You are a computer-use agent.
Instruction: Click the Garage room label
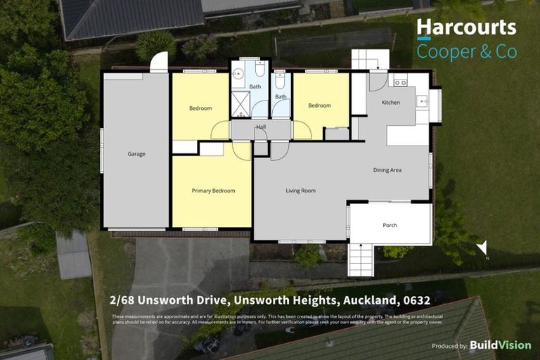click(x=136, y=154)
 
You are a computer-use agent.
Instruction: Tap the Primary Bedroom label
click(x=213, y=191)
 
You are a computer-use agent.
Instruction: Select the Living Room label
click(x=300, y=191)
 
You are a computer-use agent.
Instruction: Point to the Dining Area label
click(x=387, y=170)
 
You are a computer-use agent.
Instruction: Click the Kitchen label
click(x=390, y=103)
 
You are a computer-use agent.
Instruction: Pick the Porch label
click(x=390, y=225)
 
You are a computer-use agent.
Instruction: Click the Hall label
click(x=261, y=127)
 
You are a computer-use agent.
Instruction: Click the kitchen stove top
click(x=400, y=82)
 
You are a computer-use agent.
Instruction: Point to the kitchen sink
click(x=422, y=102)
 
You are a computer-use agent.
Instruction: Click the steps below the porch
click(x=361, y=259)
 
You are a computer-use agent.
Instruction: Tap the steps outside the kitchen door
click(x=370, y=59)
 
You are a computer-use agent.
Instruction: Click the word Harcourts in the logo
click(x=466, y=27)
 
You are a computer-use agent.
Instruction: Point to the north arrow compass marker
click(x=482, y=248)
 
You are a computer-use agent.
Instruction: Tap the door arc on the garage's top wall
click(x=160, y=63)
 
